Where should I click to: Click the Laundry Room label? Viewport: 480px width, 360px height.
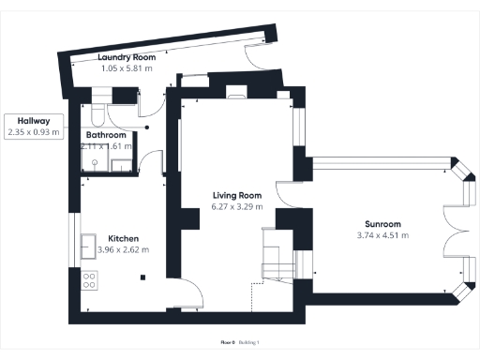click(x=127, y=58)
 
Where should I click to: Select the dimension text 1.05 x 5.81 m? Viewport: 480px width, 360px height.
click(x=127, y=69)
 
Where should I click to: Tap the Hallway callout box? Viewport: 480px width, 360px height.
click(x=33, y=127)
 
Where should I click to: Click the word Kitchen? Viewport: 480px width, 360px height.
click(x=124, y=238)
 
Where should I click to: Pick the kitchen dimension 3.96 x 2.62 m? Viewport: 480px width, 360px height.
click(x=124, y=250)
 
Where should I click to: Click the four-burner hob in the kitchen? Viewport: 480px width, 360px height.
click(x=91, y=278)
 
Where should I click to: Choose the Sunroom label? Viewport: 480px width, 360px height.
click(x=382, y=224)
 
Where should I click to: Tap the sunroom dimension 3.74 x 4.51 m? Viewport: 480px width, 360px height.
click(x=382, y=235)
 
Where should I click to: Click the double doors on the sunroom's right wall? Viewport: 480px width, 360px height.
click(x=450, y=229)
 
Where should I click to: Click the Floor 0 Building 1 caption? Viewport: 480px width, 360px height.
click(x=239, y=343)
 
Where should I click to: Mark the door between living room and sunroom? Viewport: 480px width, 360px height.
click(x=302, y=262)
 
